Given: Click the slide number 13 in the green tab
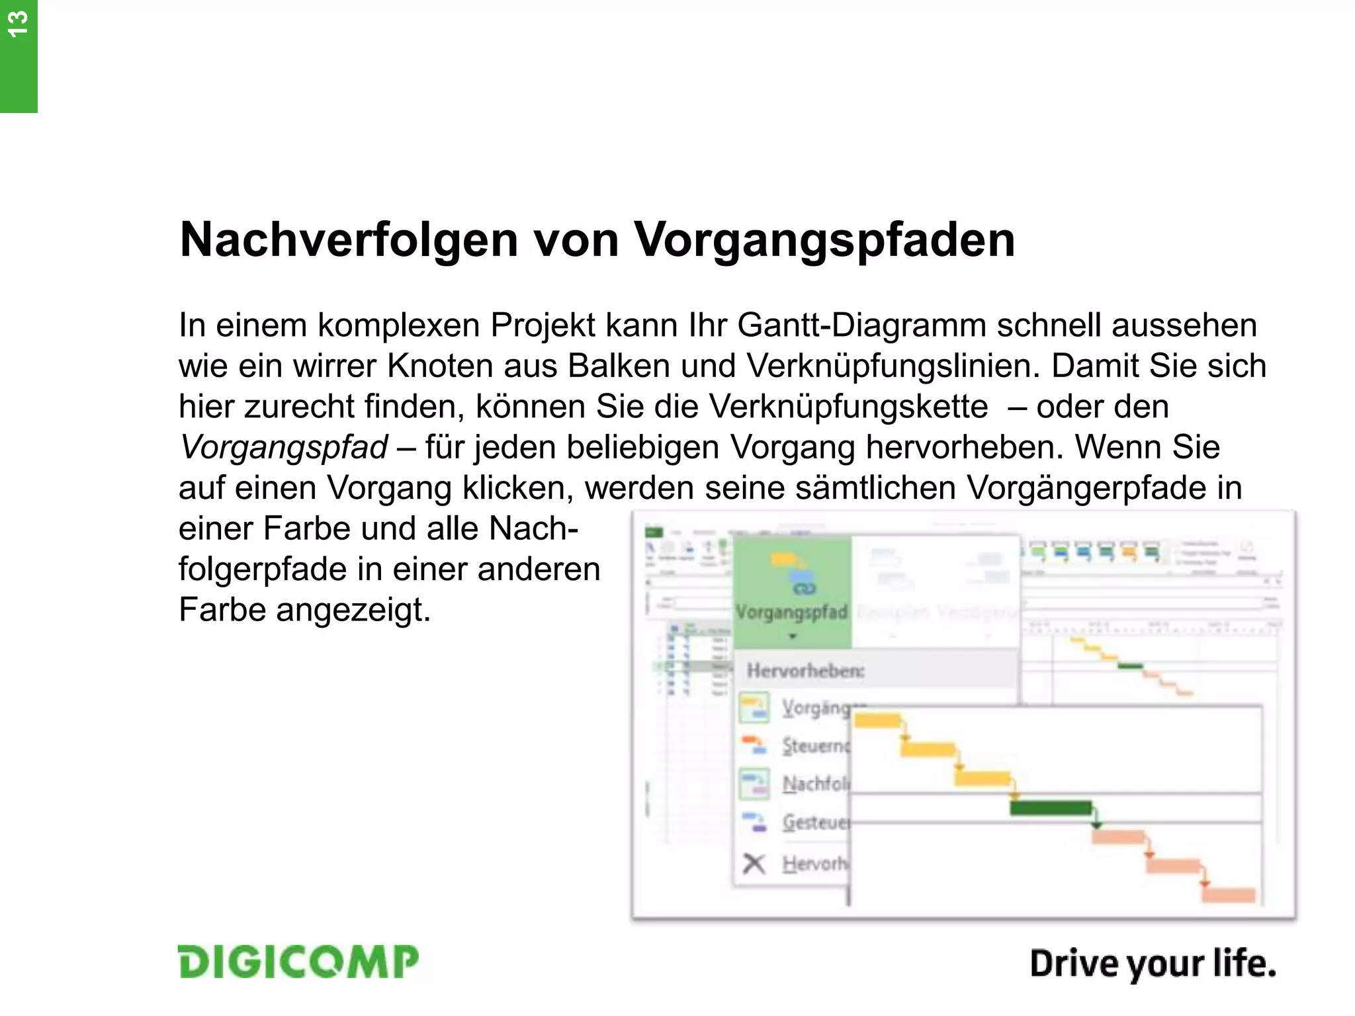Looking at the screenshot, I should click(x=18, y=24).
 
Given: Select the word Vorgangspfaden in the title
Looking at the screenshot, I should click(x=824, y=239).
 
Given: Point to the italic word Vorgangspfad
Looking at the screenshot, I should click(x=284, y=447).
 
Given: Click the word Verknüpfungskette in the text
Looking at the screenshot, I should click(x=848, y=406).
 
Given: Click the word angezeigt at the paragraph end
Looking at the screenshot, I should click(x=353, y=610).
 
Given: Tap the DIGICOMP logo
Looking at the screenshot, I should click(x=298, y=962).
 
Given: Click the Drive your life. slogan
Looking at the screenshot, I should click(x=1153, y=964).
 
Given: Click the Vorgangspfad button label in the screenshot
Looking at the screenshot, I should click(x=791, y=612).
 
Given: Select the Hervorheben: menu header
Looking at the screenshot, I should click(x=805, y=671).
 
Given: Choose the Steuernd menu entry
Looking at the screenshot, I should click(x=815, y=746).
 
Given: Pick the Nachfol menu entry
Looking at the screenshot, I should click(x=815, y=784).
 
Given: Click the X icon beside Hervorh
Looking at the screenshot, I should click(x=754, y=864).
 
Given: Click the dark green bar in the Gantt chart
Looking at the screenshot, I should click(x=1050, y=808).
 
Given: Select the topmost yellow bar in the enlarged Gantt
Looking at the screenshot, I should click(x=877, y=720).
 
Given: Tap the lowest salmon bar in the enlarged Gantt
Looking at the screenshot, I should click(x=1228, y=895).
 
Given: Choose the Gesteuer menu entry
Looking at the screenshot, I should click(x=815, y=822).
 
